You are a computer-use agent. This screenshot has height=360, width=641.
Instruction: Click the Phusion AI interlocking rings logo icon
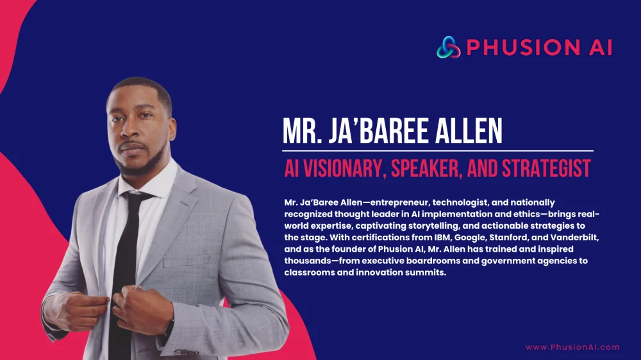(x=449, y=47)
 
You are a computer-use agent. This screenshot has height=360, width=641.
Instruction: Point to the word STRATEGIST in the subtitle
(x=546, y=168)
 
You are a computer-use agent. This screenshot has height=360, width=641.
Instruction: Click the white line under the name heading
(x=437, y=151)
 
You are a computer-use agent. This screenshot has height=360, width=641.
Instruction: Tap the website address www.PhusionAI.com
(x=572, y=347)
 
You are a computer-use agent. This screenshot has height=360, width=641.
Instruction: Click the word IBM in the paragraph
(x=442, y=238)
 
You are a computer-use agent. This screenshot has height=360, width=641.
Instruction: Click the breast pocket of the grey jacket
(x=187, y=260)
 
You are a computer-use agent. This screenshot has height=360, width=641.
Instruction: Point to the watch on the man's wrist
(x=169, y=327)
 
